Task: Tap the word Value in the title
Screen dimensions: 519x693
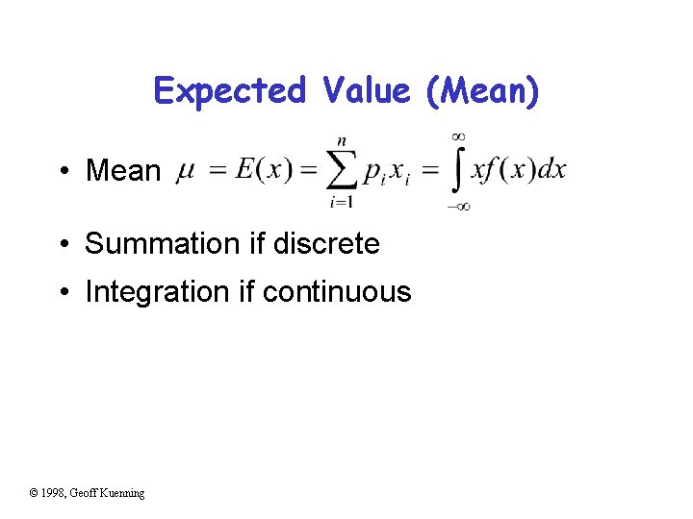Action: (367, 91)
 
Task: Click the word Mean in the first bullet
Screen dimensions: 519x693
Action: (123, 171)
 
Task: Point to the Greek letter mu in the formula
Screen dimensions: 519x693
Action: (187, 171)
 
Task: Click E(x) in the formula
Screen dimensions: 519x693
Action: (261, 170)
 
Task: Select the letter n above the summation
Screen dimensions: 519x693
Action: (341, 140)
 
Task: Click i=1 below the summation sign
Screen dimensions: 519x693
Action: (341, 202)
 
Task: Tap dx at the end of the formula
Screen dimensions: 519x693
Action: (552, 170)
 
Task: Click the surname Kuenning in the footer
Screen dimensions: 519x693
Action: (121, 493)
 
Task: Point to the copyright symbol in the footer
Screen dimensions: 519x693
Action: (34, 493)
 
